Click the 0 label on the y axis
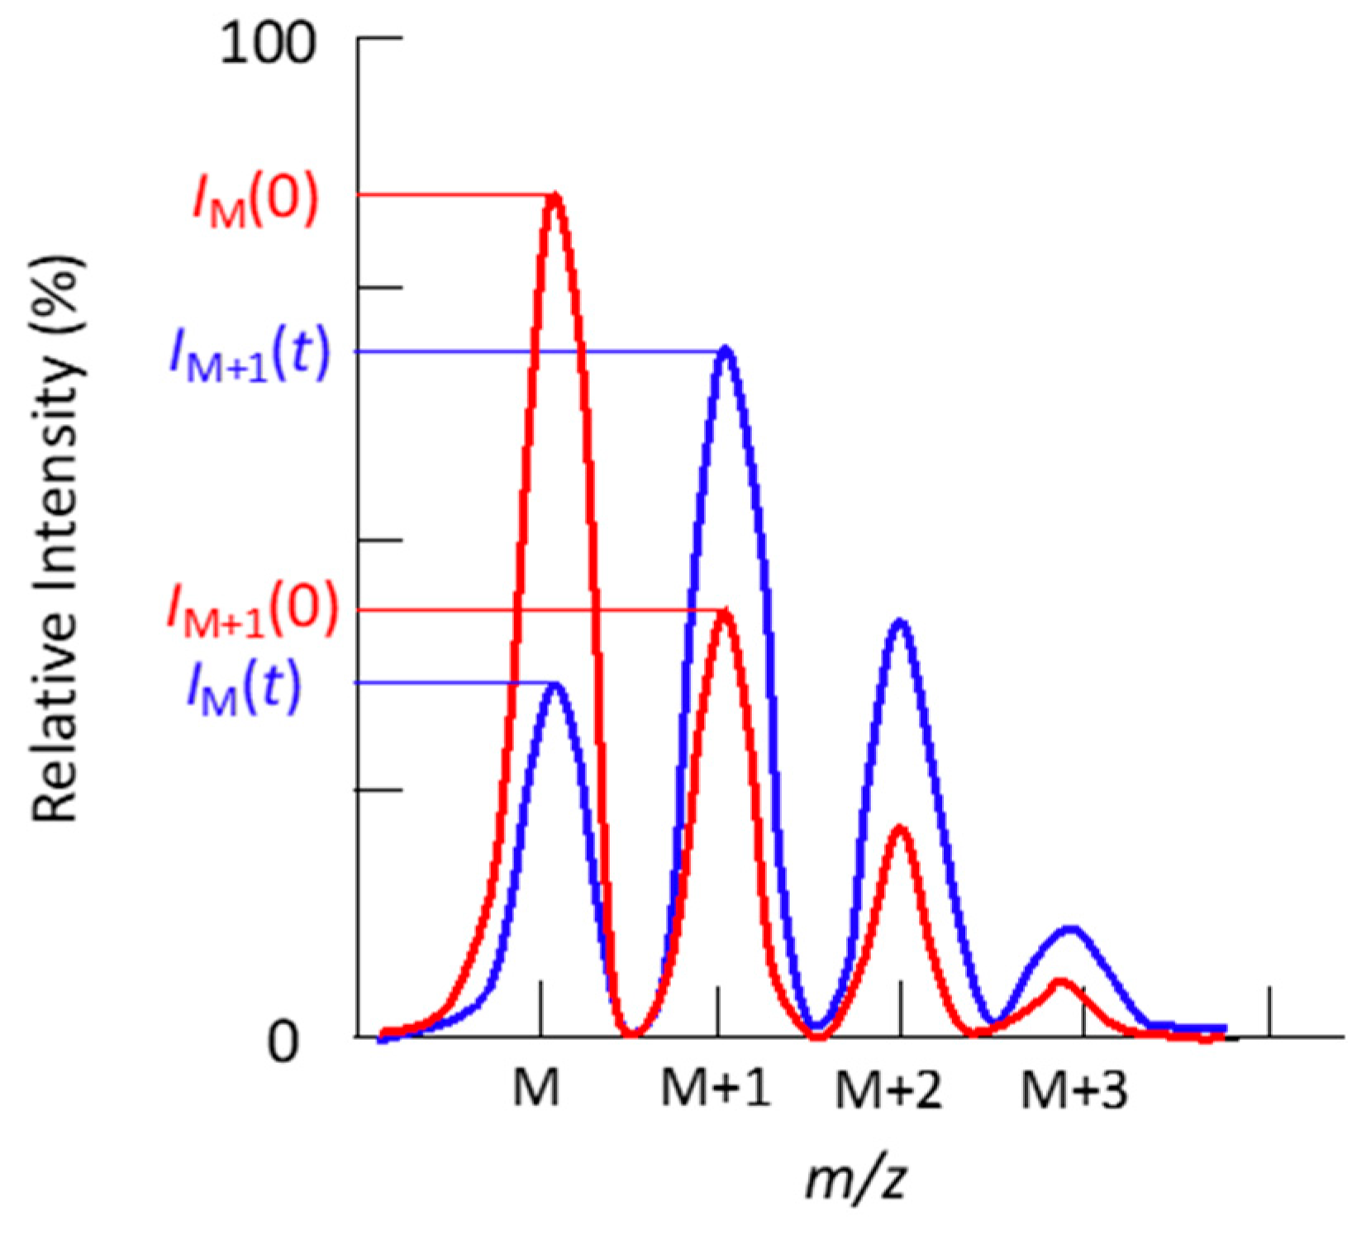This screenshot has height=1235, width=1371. click(x=283, y=1043)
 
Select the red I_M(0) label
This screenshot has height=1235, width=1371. click(x=255, y=201)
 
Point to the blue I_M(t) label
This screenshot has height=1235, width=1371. click(x=244, y=688)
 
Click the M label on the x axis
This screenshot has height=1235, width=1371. click(x=536, y=1088)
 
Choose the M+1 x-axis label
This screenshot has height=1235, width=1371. click(x=716, y=1088)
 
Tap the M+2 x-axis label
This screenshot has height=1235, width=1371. click(x=889, y=1090)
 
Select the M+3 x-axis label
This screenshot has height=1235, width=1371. click(x=1074, y=1090)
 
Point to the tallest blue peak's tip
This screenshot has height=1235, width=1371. click(x=726, y=350)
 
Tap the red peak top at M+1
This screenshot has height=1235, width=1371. click(x=725, y=613)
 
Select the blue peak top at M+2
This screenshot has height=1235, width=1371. click(x=901, y=622)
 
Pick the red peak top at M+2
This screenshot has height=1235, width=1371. click(x=900, y=829)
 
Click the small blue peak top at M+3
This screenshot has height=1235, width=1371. click(x=1070, y=929)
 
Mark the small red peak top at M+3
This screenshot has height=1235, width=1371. click(x=1060, y=982)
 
